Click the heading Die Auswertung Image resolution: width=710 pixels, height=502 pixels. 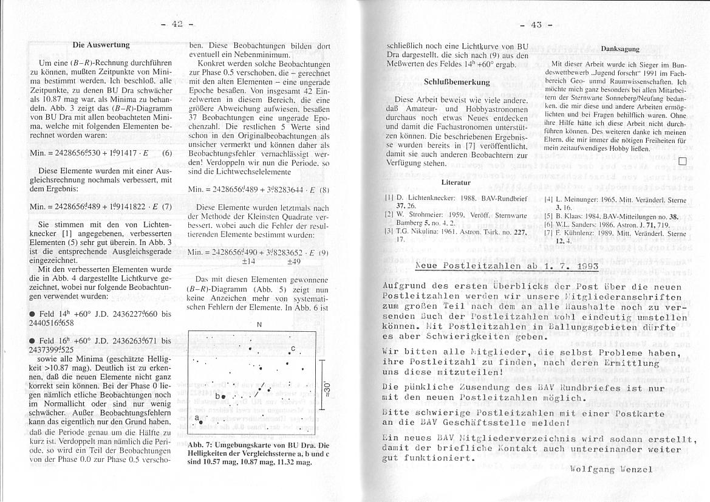[101, 44]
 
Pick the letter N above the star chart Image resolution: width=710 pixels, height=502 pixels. [259, 324]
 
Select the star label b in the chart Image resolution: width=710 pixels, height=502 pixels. [217, 396]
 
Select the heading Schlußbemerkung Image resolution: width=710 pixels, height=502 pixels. [457, 81]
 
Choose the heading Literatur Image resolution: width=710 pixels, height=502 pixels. [456, 182]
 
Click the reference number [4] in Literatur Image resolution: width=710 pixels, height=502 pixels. [549, 199]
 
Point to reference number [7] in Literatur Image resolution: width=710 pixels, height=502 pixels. [549, 233]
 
